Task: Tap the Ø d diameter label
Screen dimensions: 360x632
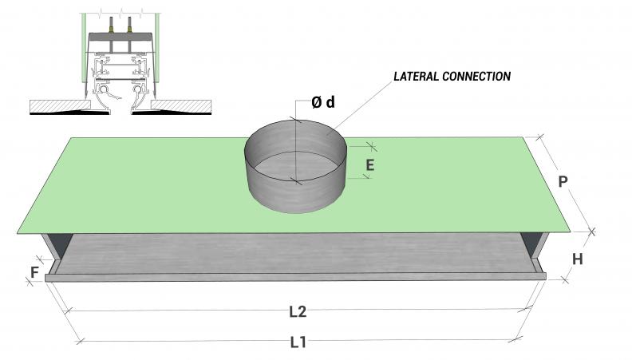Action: point(322,103)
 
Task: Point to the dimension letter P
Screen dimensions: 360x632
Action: point(563,181)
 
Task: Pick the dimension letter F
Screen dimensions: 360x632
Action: point(34,272)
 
